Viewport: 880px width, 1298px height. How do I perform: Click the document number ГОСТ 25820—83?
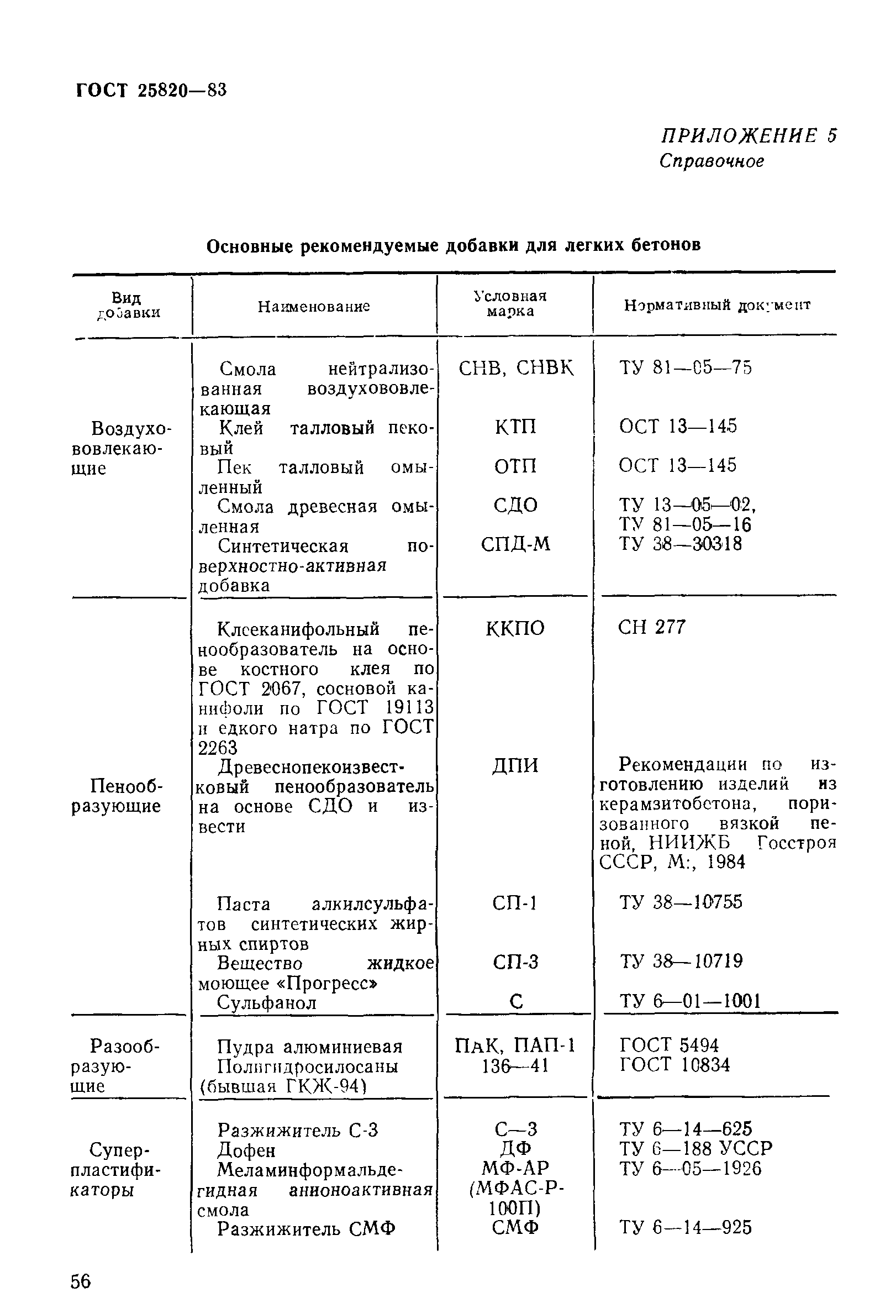click(x=151, y=90)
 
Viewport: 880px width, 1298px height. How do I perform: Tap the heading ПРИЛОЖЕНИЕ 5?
click(x=748, y=136)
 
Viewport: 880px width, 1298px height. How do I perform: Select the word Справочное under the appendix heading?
click(x=711, y=161)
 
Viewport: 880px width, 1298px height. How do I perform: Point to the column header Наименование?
click(x=314, y=306)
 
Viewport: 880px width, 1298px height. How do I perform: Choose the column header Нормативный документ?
click(x=717, y=305)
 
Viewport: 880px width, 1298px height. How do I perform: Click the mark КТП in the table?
click(x=515, y=427)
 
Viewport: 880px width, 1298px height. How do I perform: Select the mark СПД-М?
click(x=515, y=544)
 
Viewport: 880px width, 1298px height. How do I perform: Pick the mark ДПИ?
click(x=515, y=765)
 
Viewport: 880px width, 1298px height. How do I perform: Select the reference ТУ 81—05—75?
click(x=685, y=367)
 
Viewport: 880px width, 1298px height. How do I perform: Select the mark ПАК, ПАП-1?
click(x=515, y=1045)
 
